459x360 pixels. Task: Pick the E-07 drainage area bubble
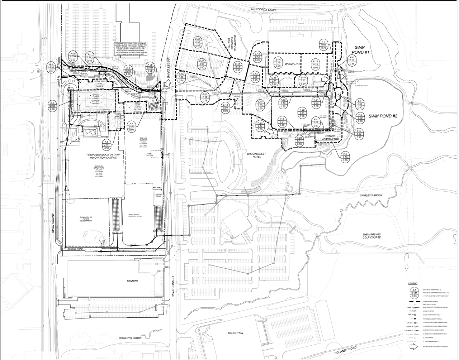tap(198, 42)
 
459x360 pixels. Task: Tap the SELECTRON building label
tap(236, 333)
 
